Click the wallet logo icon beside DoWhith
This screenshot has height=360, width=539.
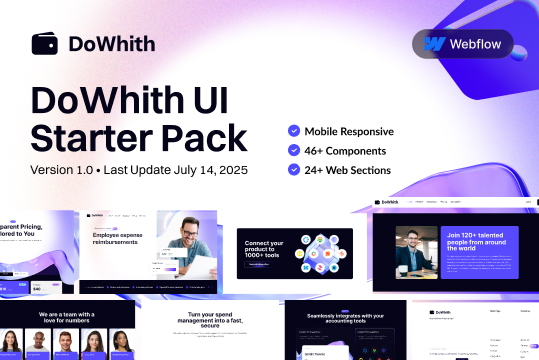45,44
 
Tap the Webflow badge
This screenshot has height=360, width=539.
461,44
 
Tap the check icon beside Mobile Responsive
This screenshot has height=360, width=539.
293,131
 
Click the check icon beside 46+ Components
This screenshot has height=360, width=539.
293,150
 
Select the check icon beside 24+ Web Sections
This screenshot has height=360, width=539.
293,169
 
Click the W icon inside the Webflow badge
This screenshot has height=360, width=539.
434,44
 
